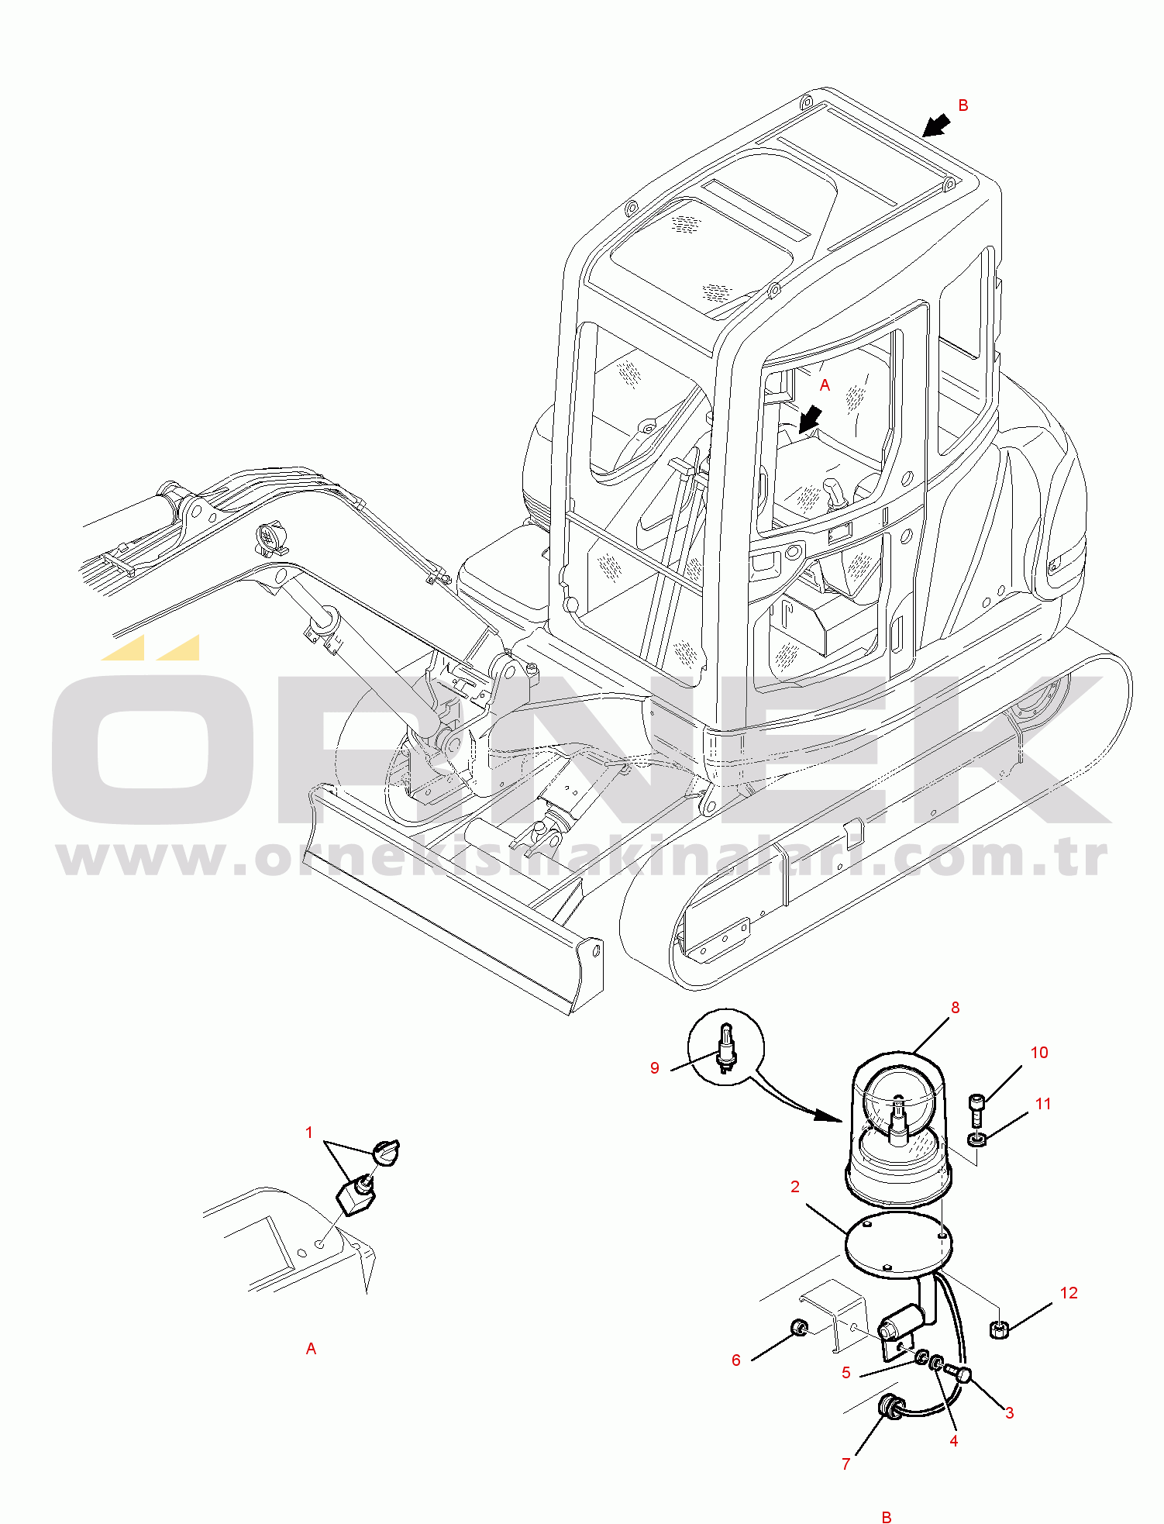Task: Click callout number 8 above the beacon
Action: click(x=955, y=1007)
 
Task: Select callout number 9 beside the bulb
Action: click(x=655, y=1068)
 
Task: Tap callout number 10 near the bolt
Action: click(x=1039, y=1052)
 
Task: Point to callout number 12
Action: click(x=1069, y=1292)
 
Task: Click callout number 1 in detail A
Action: click(x=308, y=1133)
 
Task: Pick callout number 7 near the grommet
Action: click(x=846, y=1464)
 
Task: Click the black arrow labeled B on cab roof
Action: click(x=937, y=124)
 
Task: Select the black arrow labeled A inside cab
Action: click(x=810, y=419)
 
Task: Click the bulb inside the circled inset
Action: click(x=726, y=1046)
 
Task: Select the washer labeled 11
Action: click(x=976, y=1139)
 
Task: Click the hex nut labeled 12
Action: click(x=999, y=1330)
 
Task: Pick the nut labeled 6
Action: click(x=799, y=1329)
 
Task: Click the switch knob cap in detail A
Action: click(x=385, y=1151)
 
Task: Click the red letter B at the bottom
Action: click(x=887, y=1517)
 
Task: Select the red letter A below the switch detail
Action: click(x=311, y=1349)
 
